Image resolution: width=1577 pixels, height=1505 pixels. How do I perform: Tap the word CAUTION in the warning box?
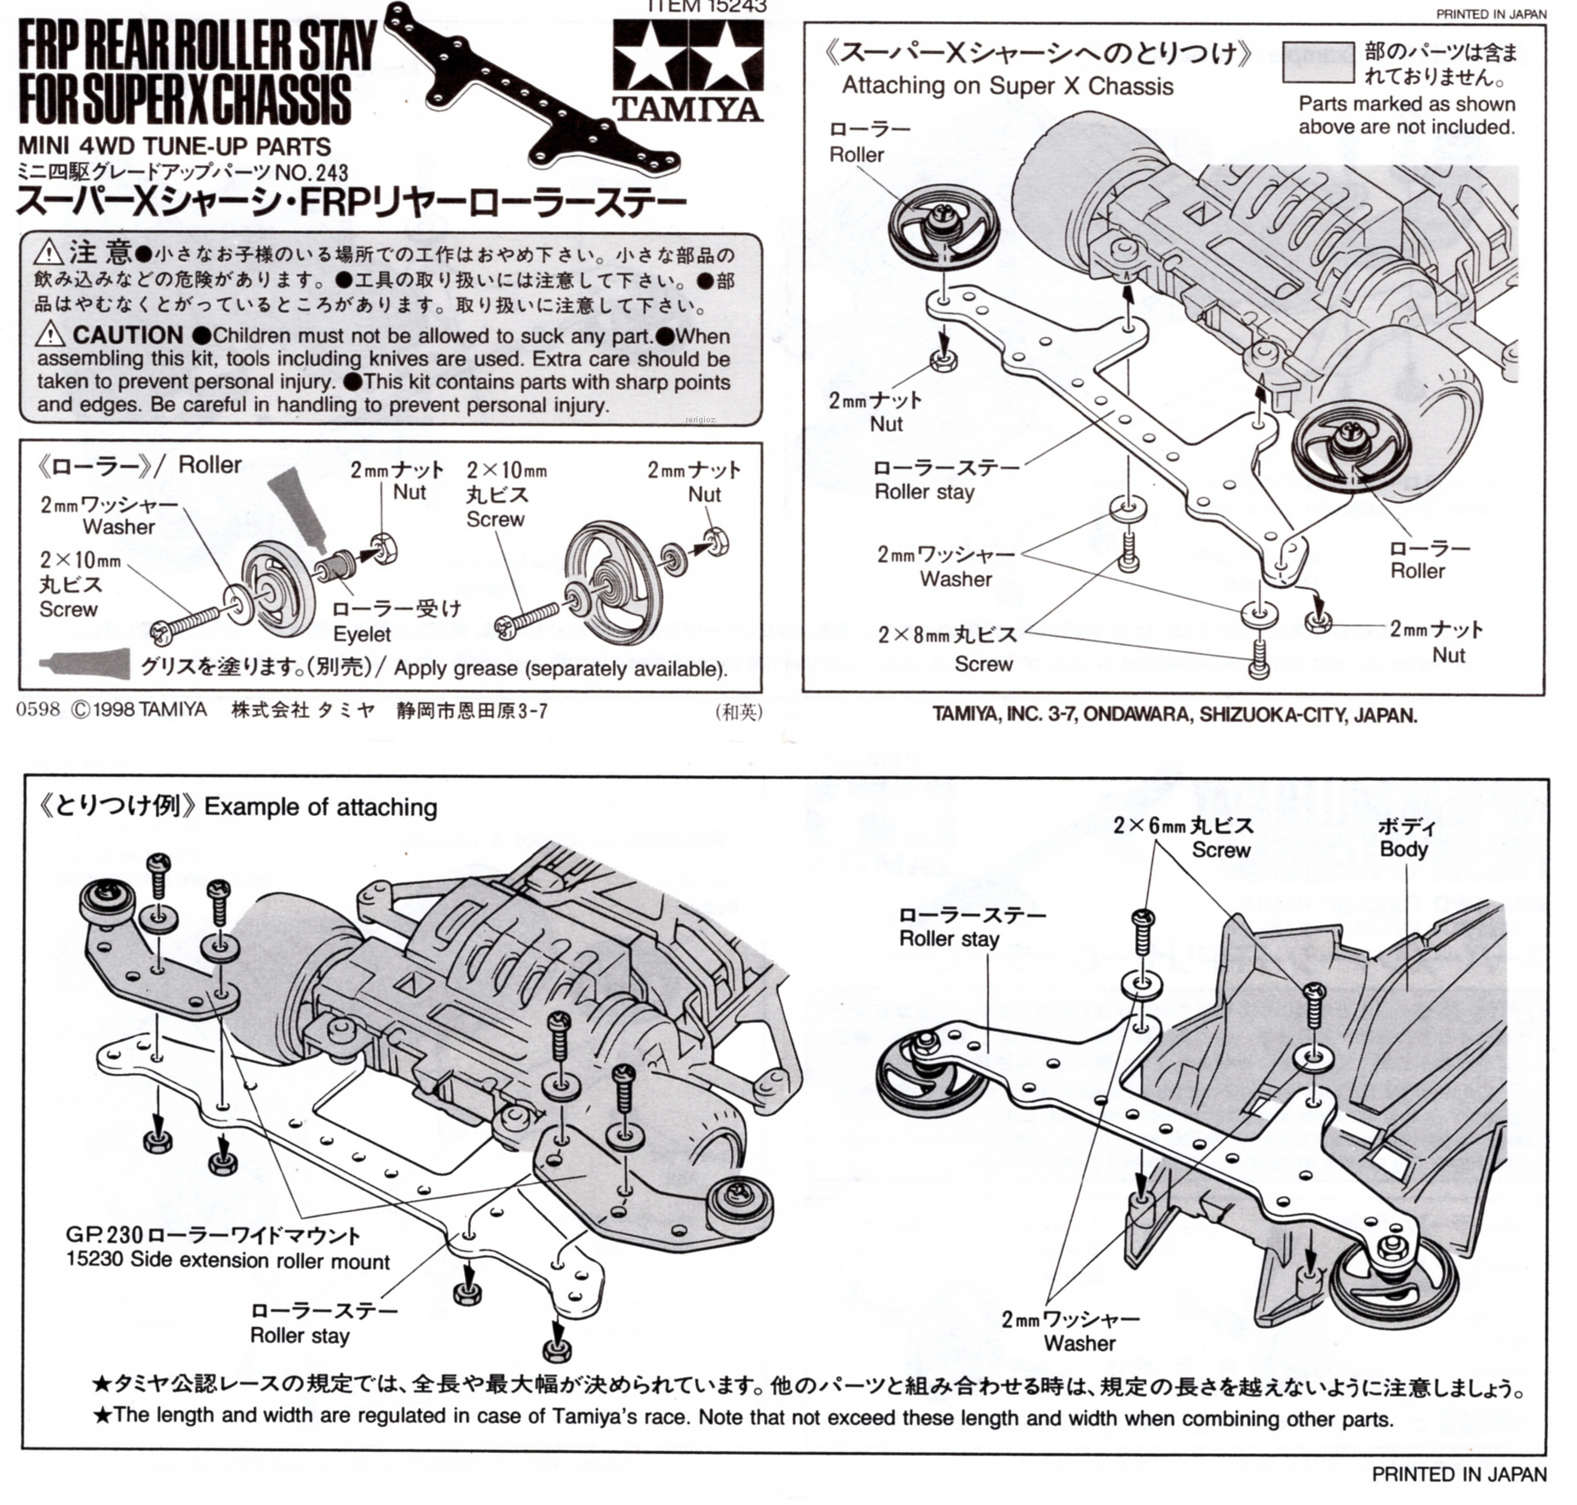(128, 336)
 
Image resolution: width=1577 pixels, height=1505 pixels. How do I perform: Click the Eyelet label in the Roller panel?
(362, 634)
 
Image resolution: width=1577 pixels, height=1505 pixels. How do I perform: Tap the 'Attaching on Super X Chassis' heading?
(1006, 86)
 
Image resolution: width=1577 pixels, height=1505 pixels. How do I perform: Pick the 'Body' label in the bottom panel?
(1403, 849)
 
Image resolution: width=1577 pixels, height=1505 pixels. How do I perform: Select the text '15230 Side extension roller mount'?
(227, 1261)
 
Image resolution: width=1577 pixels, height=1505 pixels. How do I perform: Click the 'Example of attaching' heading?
(321, 807)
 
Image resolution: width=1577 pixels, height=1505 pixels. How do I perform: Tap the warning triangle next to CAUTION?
(50, 335)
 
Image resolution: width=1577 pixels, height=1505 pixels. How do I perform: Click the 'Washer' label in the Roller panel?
(118, 526)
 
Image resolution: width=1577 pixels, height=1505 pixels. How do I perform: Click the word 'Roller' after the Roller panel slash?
(210, 465)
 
